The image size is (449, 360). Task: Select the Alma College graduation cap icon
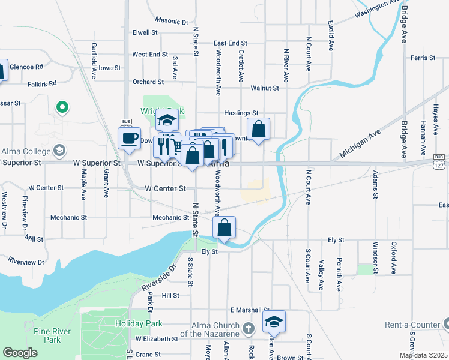[x=59, y=150]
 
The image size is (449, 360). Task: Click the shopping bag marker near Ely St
[x=224, y=228]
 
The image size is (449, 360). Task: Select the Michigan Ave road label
[x=360, y=145]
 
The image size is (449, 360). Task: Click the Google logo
[x=20, y=353]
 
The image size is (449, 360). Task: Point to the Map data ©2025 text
[x=423, y=355]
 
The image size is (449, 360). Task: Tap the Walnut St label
[x=265, y=88]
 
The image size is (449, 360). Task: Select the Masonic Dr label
[x=171, y=20]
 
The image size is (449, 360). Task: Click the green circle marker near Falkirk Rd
[x=62, y=108]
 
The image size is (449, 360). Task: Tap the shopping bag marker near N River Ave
[x=258, y=130]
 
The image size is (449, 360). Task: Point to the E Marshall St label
[x=249, y=310]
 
